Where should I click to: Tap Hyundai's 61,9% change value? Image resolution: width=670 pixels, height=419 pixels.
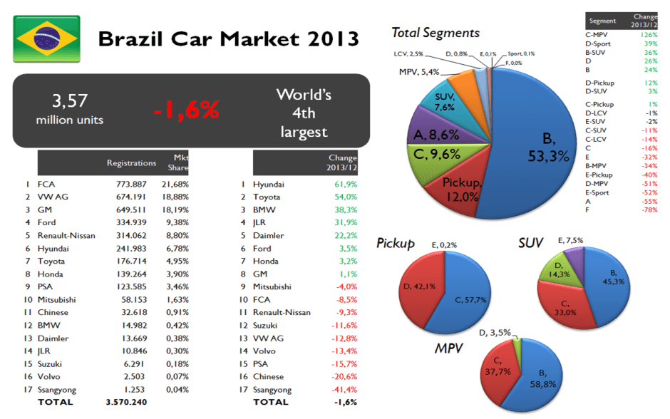coord(345,183)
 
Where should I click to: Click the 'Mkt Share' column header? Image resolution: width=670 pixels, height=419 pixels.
coord(180,162)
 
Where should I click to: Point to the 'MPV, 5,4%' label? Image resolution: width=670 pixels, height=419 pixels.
coord(419,72)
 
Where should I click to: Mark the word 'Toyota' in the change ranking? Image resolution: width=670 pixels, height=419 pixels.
coord(268,197)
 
